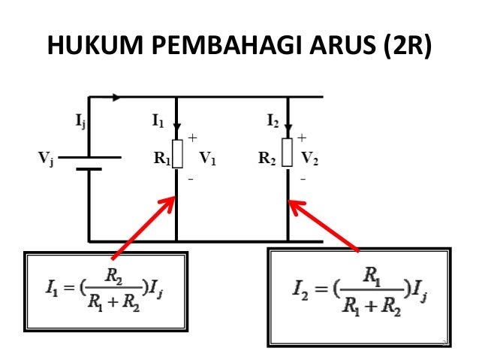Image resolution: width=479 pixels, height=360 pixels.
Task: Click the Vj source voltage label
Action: coord(46,159)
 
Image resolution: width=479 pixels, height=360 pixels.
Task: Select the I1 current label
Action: coord(158,119)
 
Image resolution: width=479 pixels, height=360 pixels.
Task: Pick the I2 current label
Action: coord(273,119)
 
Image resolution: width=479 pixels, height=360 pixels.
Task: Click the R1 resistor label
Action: coord(161,159)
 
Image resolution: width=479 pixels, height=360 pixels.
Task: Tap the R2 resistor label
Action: coord(267,159)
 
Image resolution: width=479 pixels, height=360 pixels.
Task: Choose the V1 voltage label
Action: coord(207,159)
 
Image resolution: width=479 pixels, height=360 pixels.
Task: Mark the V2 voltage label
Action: coord(310,159)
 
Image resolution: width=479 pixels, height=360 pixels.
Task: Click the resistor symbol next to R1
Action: coord(176,153)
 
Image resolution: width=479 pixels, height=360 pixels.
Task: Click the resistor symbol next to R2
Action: coord(288,153)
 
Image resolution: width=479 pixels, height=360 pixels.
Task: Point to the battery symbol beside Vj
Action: coord(89,163)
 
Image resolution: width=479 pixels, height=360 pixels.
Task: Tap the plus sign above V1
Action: coord(191,138)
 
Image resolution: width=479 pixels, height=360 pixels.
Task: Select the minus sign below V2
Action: coord(303,180)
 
